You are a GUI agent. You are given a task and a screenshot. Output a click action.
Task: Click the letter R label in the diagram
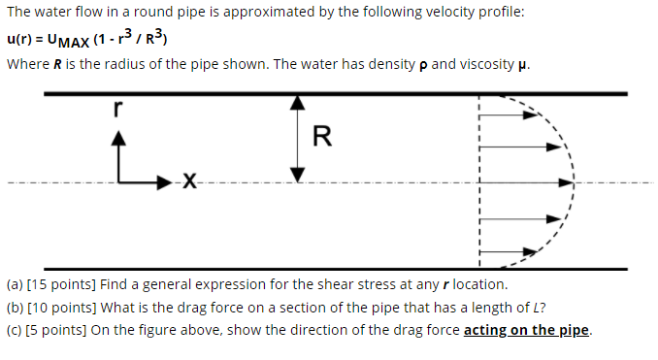[322, 137]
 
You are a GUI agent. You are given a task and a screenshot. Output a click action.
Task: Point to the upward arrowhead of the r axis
[118, 139]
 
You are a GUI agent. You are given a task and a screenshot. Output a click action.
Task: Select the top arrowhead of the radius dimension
[300, 102]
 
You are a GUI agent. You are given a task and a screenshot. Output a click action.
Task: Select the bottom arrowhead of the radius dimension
[300, 175]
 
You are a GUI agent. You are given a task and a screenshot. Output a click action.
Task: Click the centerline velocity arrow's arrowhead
[568, 181]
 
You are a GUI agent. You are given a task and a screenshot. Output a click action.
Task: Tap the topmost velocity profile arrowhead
[532, 114]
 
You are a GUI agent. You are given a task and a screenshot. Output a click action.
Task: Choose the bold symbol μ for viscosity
[523, 65]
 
